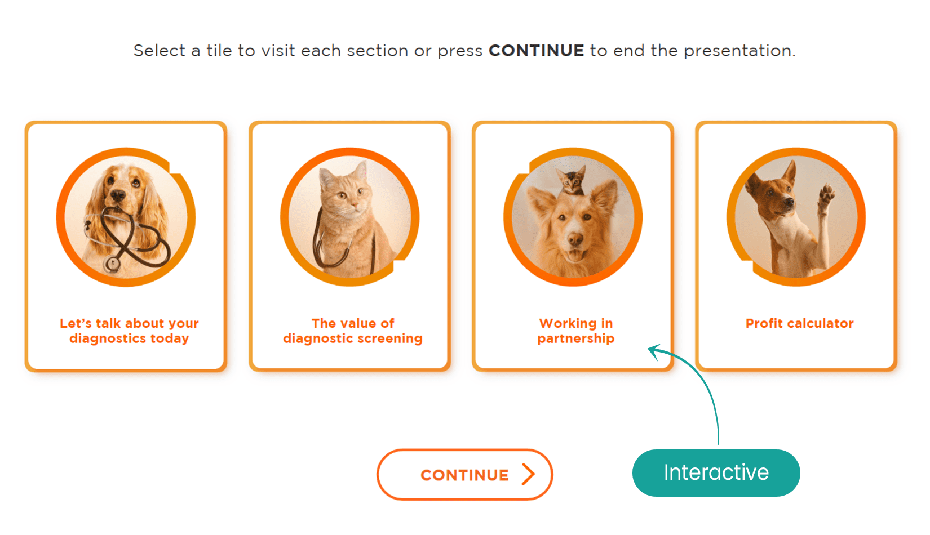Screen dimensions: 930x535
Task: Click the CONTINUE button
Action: [464, 474]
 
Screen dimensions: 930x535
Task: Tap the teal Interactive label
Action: [716, 473]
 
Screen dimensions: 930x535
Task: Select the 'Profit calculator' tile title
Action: [800, 323]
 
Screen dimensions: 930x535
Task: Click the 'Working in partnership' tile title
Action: [576, 331]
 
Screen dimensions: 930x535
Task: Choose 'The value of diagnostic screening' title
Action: [353, 331]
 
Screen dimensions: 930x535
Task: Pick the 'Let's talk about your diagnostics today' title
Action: [129, 331]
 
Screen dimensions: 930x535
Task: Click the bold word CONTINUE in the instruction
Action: [537, 51]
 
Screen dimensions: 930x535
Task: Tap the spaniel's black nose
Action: [118, 195]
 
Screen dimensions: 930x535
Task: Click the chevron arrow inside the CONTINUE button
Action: [529, 474]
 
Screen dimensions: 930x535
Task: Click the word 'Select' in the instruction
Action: [160, 51]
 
